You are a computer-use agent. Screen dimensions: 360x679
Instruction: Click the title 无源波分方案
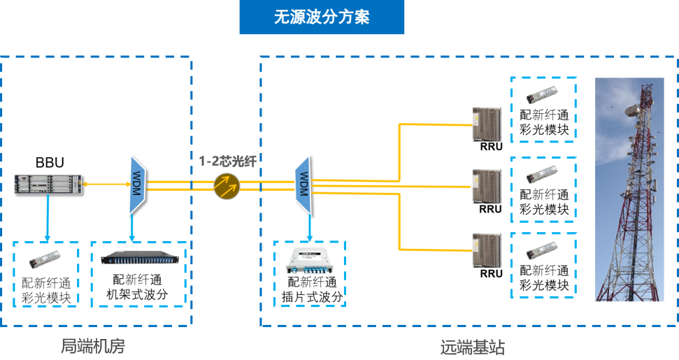click(322, 17)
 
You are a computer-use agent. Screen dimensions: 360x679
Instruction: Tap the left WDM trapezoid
click(136, 185)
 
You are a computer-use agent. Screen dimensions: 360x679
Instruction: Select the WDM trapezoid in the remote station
click(303, 185)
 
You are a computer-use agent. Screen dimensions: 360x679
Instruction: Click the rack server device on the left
click(48, 184)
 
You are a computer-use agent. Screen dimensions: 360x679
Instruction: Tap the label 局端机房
click(93, 346)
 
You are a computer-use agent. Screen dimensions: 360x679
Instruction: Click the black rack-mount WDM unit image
click(138, 258)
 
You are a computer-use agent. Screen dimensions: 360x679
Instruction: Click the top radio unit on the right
click(487, 124)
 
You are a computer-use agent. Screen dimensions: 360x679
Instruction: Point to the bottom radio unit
click(487, 250)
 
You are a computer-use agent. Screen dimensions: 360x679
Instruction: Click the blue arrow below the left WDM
click(134, 228)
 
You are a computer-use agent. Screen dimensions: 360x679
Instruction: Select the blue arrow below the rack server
click(48, 217)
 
